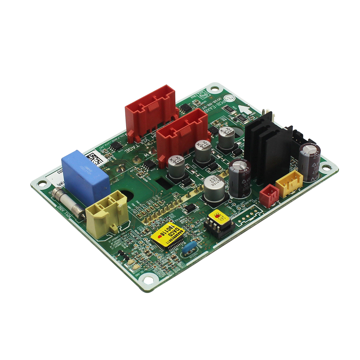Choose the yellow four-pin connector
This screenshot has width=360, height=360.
click(x=289, y=183)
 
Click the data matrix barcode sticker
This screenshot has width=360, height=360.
click(x=95, y=159)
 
